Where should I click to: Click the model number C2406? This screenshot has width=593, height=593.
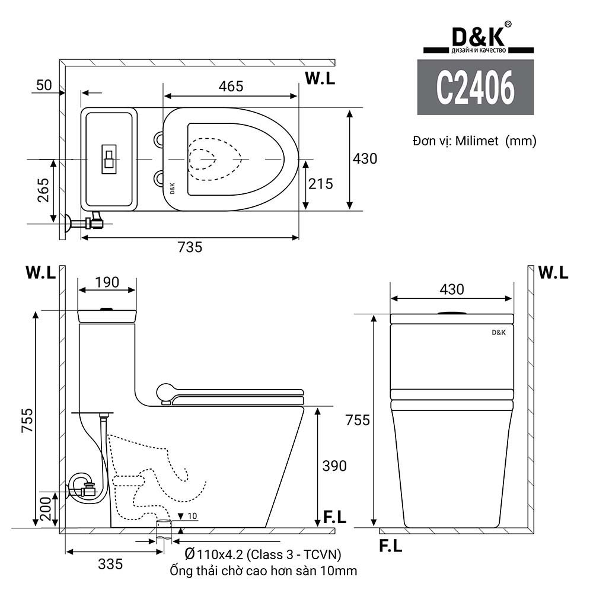pyautogui.click(x=475, y=88)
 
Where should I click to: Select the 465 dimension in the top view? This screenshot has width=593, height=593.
pyautogui.click(x=231, y=86)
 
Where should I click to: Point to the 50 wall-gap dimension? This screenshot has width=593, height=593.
pyautogui.click(x=44, y=85)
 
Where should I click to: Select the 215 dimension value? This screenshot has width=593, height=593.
pyautogui.click(x=321, y=184)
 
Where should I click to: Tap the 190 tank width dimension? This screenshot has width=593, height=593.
pyautogui.click(x=107, y=282)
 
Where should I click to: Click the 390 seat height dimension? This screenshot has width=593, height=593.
pyautogui.click(x=334, y=466)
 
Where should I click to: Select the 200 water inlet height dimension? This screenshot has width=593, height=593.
pyautogui.click(x=43, y=508)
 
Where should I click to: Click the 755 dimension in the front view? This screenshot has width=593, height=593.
pyautogui.click(x=358, y=420)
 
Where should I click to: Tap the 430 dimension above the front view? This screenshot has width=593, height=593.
pyautogui.click(x=451, y=289)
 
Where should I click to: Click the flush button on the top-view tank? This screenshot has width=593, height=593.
pyautogui.click(x=109, y=159)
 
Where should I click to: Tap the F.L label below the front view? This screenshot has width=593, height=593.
pyautogui.click(x=390, y=547)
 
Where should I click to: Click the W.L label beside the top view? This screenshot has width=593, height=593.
pyautogui.click(x=320, y=78)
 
